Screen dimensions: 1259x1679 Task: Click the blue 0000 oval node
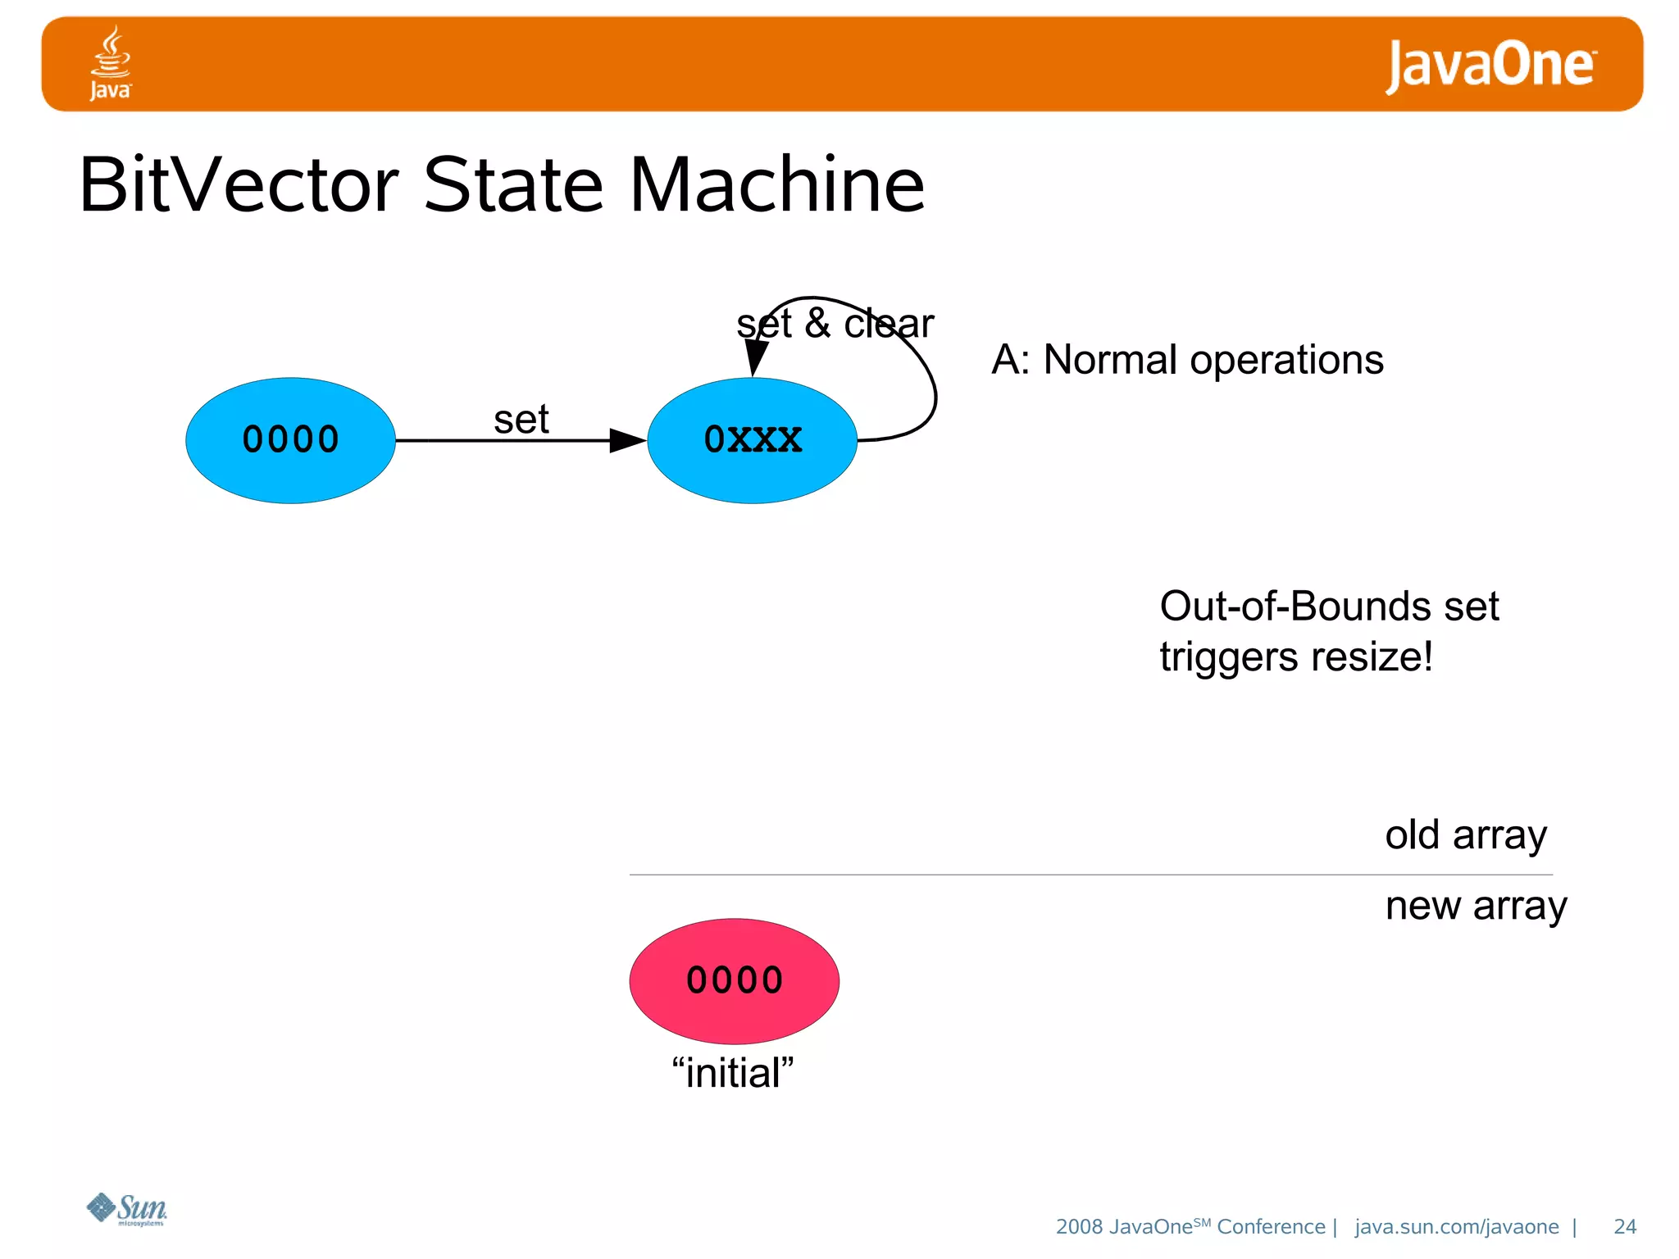[290, 440]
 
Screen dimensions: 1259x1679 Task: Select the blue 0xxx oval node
[752, 440]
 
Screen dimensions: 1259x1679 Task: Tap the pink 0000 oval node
[734, 980]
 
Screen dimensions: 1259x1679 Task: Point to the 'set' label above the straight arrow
[521, 420]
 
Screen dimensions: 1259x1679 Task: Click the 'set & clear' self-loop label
[835, 323]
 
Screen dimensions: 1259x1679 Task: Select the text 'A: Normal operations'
[1187, 360]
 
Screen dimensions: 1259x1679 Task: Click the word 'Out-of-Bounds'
[1295, 607]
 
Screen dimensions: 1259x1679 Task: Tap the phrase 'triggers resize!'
[1295, 657]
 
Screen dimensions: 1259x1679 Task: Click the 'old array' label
[1466, 835]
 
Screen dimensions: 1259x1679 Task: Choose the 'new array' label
[1476, 907]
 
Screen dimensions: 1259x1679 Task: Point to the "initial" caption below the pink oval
[733, 1073]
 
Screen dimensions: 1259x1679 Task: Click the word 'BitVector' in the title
[239, 185]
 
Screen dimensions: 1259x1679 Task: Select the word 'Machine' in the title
[776, 185]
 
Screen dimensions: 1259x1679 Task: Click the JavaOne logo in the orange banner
[1490, 65]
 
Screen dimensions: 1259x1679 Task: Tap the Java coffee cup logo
[111, 62]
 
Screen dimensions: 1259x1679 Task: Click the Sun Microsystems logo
[127, 1209]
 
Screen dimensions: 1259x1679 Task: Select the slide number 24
[1624, 1226]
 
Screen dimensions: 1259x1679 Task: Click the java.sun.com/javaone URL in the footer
[1456, 1226]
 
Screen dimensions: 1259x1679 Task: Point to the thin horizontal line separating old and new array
[1090, 875]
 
